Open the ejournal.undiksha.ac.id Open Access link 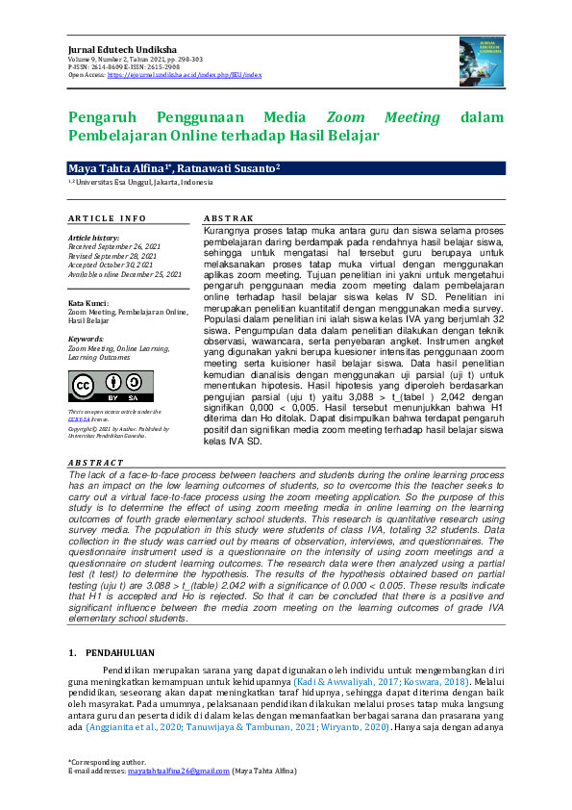coord(185,74)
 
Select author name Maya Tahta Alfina coord(112,168)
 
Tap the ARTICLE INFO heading coord(107,218)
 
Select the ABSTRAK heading coord(231,218)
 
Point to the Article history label coord(93,238)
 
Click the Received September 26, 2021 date coord(114,246)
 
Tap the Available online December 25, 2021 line coord(124,274)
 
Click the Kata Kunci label coord(87,303)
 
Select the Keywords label coord(86,339)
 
